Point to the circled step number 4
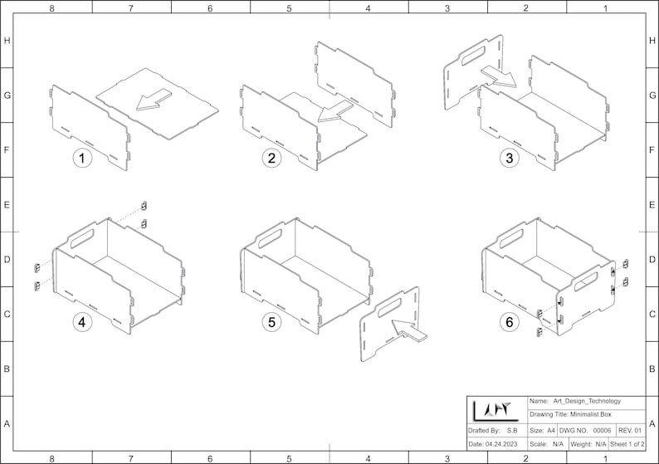(81, 323)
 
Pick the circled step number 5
(270, 323)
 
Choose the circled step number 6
(506, 323)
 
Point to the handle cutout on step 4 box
(83, 238)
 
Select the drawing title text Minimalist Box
(572, 415)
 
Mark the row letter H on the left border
(7, 41)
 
